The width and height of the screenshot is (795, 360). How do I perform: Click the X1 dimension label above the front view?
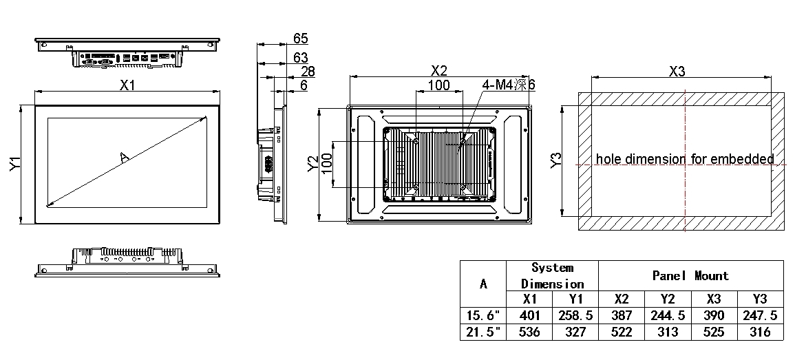point(127,85)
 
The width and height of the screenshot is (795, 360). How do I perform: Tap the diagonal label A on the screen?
point(125,158)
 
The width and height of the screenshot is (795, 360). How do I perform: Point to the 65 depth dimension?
point(300,38)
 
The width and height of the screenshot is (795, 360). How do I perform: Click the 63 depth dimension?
point(300,57)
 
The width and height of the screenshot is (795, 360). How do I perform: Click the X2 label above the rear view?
point(439,71)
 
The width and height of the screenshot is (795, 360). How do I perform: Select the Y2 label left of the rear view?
point(314,162)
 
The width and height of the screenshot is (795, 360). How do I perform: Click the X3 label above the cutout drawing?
point(677,71)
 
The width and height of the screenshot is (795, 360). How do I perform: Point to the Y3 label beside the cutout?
point(558,159)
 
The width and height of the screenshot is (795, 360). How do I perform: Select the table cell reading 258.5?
point(575,315)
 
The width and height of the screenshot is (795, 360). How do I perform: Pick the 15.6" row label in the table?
point(483,315)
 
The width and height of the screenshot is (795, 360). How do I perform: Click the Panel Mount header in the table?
point(690,276)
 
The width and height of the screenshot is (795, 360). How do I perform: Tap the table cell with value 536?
point(529,332)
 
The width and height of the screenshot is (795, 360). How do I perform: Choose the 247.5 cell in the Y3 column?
point(760,315)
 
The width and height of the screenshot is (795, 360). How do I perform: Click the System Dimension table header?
point(552,276)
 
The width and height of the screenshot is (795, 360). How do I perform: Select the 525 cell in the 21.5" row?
point(714,332)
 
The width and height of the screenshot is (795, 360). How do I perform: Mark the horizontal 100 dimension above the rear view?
point(439,85)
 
